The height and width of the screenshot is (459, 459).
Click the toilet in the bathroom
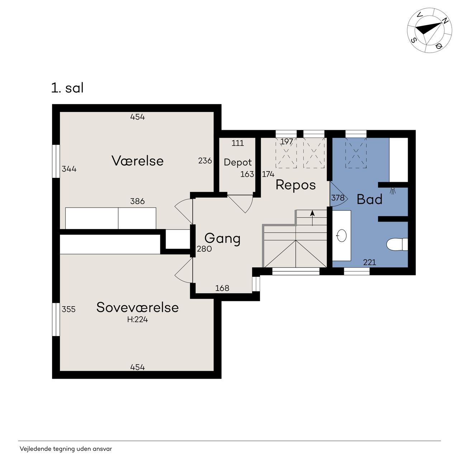[397, 245]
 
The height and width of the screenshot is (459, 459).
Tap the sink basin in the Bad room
[342, 236]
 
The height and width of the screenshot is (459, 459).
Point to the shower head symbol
[393, 190]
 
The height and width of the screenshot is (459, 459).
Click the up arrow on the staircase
[312, 218]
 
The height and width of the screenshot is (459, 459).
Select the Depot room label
[238, 162]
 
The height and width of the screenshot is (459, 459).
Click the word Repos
[295, 185]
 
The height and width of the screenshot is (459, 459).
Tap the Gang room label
[222, 238]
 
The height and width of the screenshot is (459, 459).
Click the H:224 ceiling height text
[137, 319]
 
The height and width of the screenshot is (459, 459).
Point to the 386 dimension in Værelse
[137, 201]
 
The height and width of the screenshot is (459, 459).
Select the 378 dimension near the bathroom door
[338, 198]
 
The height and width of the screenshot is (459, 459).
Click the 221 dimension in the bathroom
[370, 262]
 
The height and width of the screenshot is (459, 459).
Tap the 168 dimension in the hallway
[222, 288]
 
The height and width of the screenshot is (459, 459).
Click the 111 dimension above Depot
[238, 143]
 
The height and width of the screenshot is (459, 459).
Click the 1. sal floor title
[67, 88]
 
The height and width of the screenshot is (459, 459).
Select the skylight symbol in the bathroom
[356, 153]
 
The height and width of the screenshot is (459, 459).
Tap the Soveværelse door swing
[183, 271]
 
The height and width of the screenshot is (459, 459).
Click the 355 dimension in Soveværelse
[68, 309]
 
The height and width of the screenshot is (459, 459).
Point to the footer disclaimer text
[66, 449]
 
